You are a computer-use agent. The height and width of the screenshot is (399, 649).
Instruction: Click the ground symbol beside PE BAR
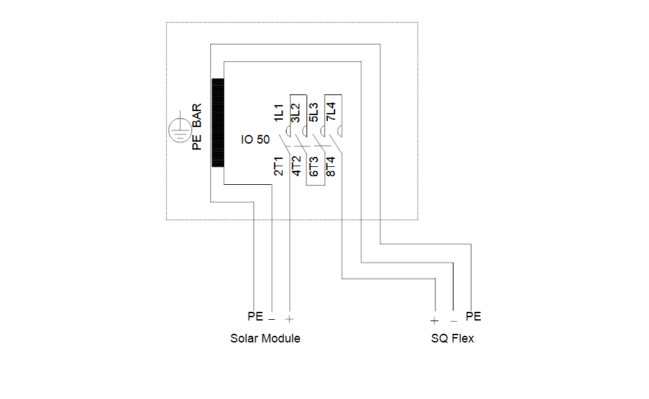click(x=180, y=129)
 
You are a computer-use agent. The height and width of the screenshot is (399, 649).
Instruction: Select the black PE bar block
click(x=217, y=122)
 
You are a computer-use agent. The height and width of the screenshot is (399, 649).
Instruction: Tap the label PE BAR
click(x=197, y=126)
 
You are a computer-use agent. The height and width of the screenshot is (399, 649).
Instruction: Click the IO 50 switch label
click(x=255, y=140)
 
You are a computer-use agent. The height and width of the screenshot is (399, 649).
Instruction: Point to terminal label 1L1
click(x=279, y=113)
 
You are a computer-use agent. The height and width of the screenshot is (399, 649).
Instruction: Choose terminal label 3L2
click(x=296, y=113)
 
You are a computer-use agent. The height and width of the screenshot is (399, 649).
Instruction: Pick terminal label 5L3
click(x=314, y=112)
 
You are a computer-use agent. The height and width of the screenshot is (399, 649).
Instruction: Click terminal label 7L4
click(x=331, y=112)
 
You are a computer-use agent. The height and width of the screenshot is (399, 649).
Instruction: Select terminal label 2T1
click(x=279, y=166)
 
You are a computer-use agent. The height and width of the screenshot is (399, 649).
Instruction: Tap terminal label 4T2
click(x=297, y=166)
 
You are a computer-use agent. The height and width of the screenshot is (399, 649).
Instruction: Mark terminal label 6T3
click(x=314, y=166)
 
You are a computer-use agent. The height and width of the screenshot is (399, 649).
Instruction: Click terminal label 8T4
click(x=330, y=166)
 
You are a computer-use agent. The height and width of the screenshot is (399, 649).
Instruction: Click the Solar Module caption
click(x=265, y=338)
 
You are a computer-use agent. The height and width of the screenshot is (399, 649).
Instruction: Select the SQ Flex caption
click(x=452, y=338)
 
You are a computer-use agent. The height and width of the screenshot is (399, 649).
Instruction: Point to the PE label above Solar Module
click(x=255, y=317)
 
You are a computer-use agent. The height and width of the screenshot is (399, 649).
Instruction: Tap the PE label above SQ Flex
click(x=473, y=317)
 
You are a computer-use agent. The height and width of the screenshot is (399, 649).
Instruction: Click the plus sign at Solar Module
click(x=289, y=319)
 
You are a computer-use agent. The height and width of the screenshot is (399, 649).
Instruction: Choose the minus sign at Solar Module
click(x=271, y=319)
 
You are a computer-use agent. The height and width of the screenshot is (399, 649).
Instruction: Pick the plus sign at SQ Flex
click(x=434, y=321)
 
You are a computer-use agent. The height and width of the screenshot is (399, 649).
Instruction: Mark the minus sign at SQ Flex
click(x=454, y=321)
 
